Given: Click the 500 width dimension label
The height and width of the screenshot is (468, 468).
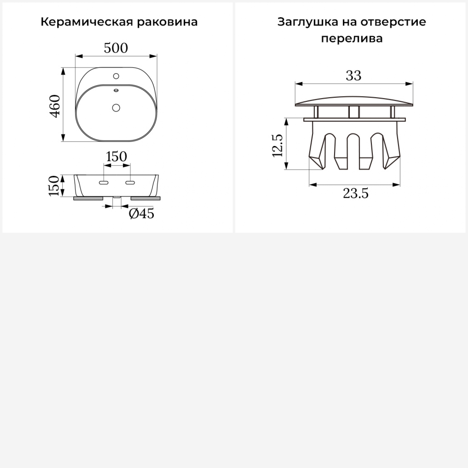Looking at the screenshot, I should [116, 48].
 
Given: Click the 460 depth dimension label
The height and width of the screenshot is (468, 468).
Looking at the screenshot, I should [55, 106].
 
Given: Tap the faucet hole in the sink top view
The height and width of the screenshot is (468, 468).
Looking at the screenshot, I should [116, 76].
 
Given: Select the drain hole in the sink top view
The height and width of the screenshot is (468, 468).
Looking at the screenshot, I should [116, 108].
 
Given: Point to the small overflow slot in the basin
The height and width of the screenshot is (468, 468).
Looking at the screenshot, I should [116, 90].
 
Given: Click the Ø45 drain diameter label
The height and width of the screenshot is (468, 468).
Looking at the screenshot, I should [141, 214].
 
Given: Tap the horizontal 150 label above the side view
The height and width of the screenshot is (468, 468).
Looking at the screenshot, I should [116, 157].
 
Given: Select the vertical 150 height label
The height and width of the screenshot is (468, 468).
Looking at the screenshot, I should [54, 186].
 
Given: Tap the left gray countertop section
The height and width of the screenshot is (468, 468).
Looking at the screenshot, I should [88, 198].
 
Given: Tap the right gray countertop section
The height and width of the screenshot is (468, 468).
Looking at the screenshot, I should [145, 198].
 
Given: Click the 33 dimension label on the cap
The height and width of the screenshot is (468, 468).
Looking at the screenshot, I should [353, 76].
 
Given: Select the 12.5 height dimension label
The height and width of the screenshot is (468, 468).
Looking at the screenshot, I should [277, 145].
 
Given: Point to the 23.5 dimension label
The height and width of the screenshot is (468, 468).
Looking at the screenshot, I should [356, 193].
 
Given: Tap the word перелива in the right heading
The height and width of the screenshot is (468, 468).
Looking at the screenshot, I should [352, 39].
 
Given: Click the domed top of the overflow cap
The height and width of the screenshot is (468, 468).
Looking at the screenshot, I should [354, 101].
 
